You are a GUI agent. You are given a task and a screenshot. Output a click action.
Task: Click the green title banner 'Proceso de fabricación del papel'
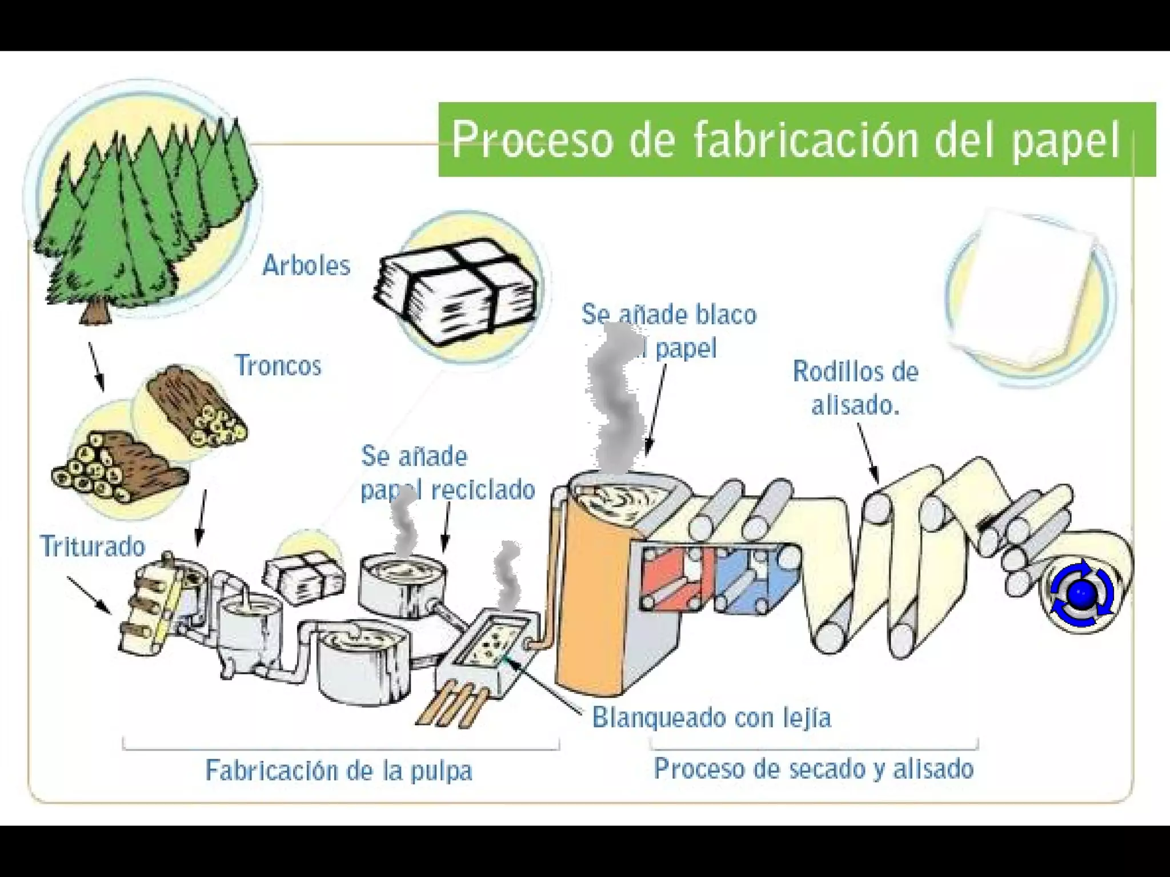(796, 139)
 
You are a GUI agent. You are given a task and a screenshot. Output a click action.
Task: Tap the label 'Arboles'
(306, 265)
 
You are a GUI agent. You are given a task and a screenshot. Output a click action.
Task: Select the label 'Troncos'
(278, 365)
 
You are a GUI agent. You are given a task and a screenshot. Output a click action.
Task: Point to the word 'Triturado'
(93, 546)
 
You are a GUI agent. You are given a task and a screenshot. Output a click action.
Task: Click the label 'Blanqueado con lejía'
(711, 717)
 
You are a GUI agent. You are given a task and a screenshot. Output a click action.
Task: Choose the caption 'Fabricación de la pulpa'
(339, 770)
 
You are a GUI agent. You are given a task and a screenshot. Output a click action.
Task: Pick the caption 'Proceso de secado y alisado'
(814, 769)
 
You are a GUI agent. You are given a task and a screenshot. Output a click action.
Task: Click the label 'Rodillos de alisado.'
(855, 388)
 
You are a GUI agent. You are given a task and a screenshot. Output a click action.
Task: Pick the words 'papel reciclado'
(448, 490)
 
